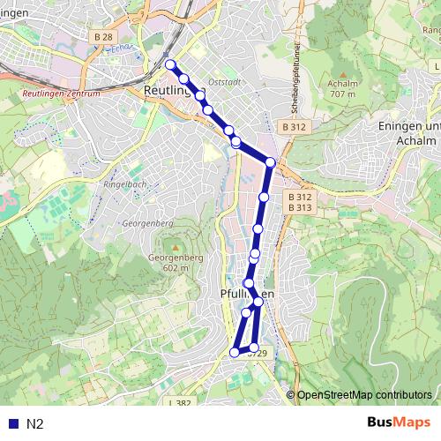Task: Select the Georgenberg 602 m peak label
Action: [x=169, y=262]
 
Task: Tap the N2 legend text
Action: [x=35, y=423]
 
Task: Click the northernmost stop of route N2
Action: [x=170, y=64]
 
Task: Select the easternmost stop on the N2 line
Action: [x=271, y=162]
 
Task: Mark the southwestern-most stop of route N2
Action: [x=235, y=352]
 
